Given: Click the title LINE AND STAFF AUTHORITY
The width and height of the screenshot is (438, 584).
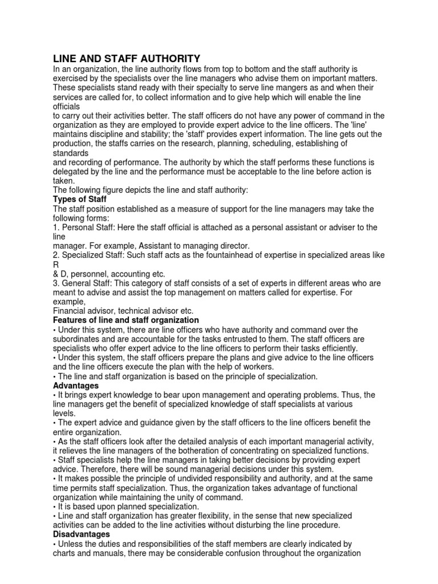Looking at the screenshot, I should coord(127,58).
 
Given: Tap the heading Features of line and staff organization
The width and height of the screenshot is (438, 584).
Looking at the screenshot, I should coord(126,320).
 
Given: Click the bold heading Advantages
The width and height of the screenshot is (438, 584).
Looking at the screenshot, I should coord(76,386).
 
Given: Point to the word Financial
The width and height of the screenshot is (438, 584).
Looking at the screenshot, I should coord(71,311).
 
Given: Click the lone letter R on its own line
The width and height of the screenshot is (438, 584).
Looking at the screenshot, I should coord(56,265).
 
